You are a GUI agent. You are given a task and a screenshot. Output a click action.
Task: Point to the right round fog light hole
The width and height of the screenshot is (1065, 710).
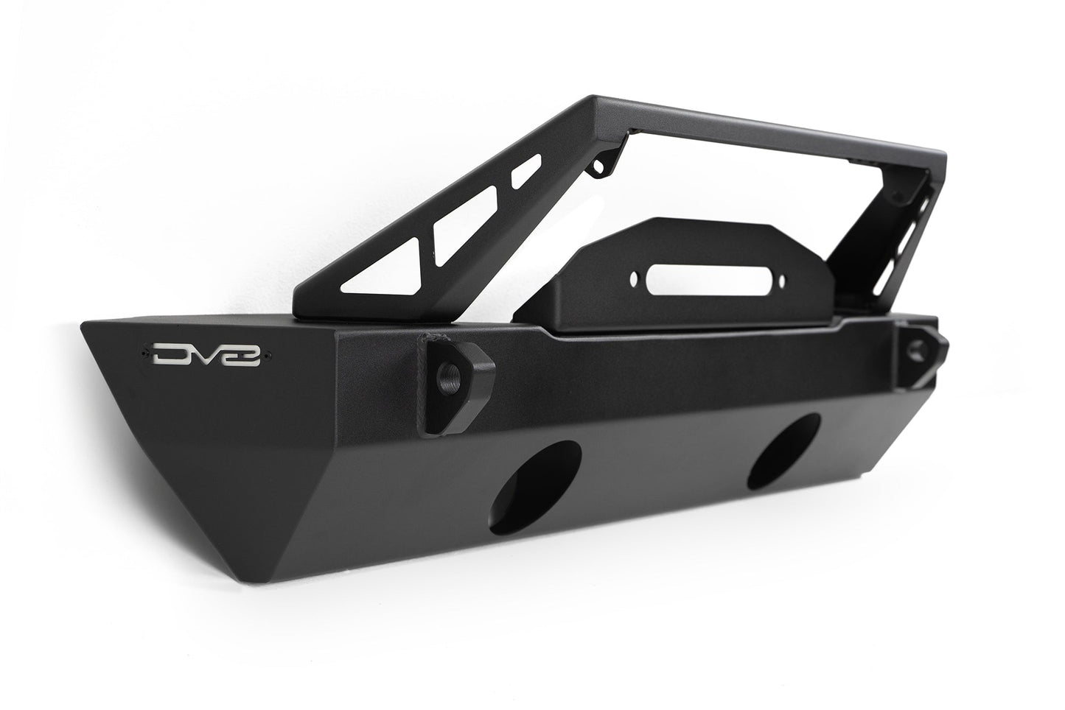click(x=783, y=451)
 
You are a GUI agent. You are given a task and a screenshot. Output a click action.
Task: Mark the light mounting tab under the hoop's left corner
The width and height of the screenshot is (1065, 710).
click(x=604, y=163)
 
